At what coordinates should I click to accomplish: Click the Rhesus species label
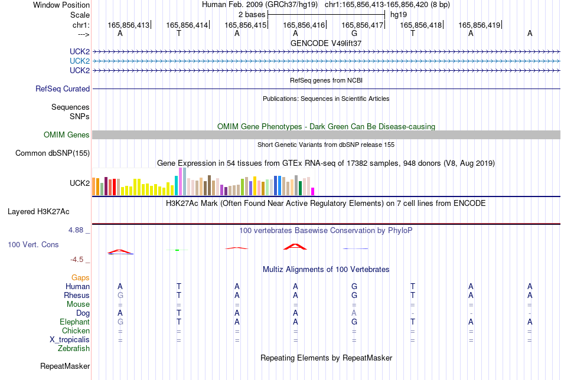tap(77, 295)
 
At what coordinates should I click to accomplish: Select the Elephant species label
tap(74, 322)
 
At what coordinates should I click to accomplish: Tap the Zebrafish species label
tap(74, 348)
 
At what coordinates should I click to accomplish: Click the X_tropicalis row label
tap(70, 340)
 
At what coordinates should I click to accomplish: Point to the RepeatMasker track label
tap(65, 366)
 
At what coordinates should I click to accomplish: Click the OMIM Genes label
tap(67, 135)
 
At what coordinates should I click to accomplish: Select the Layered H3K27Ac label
tap(38, 212)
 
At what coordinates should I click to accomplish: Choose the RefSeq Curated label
tap(63, 89)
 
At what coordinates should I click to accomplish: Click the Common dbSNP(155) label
tap(53, 153)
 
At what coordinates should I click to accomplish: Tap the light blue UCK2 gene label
tap(80, 61)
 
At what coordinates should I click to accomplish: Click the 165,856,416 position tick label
tap(304, 25)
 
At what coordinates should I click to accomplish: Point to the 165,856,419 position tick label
tap(479, 25)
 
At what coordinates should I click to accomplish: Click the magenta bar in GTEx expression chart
tap(313, 191)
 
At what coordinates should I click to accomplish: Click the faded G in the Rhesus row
tap(120, 295)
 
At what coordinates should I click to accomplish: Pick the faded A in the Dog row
tap(354, 313)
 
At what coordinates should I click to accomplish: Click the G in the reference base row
tap(354, 33)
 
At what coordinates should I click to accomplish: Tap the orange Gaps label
tap(80, 277)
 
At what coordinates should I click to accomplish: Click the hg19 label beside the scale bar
tap(399, 15)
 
